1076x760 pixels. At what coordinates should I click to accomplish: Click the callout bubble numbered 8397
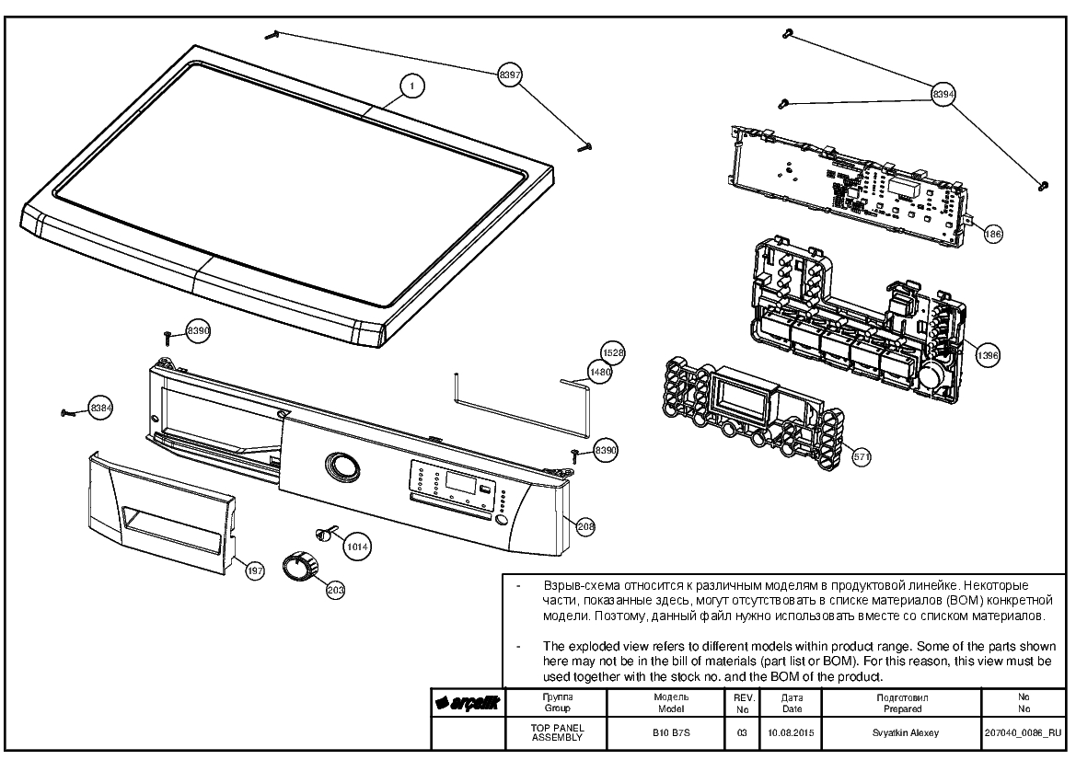pyautogui.click(x=509, y=75)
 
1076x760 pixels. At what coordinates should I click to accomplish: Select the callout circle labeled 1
pyautogui.click(x=411, y=86)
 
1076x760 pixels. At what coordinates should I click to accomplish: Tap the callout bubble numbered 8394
pyautogui.click(x=943, y=94)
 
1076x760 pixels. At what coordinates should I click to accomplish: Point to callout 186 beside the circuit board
pyautogui.click(x=992, y=234)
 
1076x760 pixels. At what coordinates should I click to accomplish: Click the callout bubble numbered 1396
pyautogui.click(x=988, y=355)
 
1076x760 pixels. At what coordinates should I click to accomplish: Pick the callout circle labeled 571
pyautogui.click(x=862, y=456)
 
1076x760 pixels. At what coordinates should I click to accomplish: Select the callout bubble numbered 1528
pyautogui.click(x=613, y=352)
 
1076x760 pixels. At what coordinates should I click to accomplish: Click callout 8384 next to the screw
pyautogui.click(x=101, y=409)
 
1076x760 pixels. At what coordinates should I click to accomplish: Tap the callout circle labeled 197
pyautogui.click(x=255, y=570)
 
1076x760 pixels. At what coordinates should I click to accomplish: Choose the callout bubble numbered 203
pyautogui.click(x=336, y=590)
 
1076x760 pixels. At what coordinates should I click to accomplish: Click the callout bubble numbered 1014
pyautogui.click(x=357, y=547)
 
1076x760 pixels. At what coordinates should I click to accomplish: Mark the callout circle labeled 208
pyautogui.click(x=585, y=527)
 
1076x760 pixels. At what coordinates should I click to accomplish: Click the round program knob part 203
pyautogui.click(x=301, y=565)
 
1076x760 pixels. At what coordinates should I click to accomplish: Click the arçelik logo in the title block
pyautogui.click(x=468, y=703)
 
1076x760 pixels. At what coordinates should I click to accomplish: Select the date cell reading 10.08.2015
pyautogui.click(x=792, y=732)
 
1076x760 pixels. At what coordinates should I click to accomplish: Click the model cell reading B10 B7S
pyautogui.click(x=671, y=732)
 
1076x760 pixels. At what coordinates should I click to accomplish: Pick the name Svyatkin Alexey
pyautogui.click(x=905, y=732)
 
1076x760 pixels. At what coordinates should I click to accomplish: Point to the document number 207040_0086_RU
pyautogui.click(x=1024, y=733)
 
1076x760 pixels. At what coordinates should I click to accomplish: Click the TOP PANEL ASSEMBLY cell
pyautogui.click(x=557, y=732)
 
